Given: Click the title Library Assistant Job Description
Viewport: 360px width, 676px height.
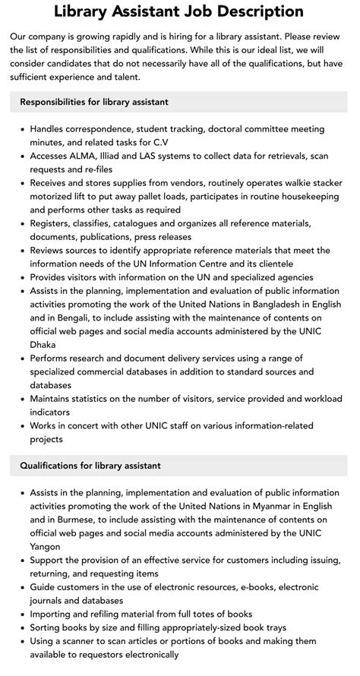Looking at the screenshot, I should [179, 11].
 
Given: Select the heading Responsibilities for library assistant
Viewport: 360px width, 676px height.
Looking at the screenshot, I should [94, 102].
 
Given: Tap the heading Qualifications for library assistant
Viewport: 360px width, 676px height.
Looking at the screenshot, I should [90, 465].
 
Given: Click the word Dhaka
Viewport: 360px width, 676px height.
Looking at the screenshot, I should [45, 345].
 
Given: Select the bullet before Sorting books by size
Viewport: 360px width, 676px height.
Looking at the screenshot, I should [22, 627].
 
